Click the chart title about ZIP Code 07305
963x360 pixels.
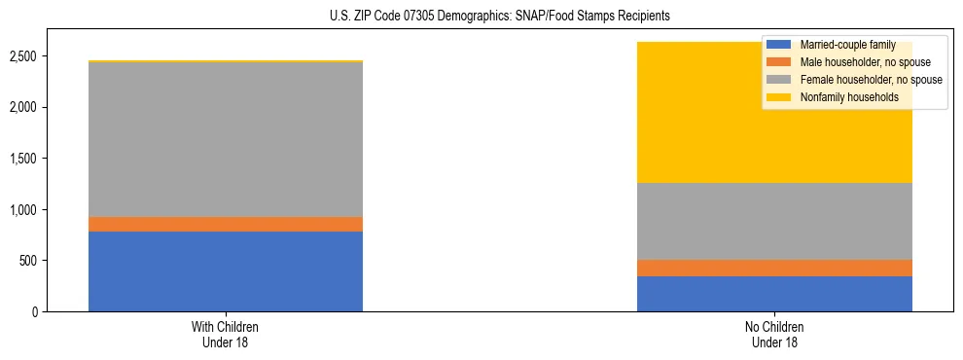pyautogui.click(x=481, y=17)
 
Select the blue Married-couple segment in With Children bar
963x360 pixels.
pyautogui.click(x=226, y=271)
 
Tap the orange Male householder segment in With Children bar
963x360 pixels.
pyautogui.click(x=226, y=224)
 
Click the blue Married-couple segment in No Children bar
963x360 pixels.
pyautogui.click(x=774, y=294)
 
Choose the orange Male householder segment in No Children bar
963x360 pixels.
pyautogui.click(x=774, y=268)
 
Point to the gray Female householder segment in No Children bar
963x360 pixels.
pyautogui.click(x=774, y=221)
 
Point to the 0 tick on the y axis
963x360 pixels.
pyautogui.click(x=35, y=312)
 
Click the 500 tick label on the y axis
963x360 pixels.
pyautogui.click(x=28, y=261)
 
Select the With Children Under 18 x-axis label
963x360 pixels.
pyautogui.click(x=226, y=335)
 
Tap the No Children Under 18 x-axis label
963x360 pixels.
pyautogui.click(x=774, y=335)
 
